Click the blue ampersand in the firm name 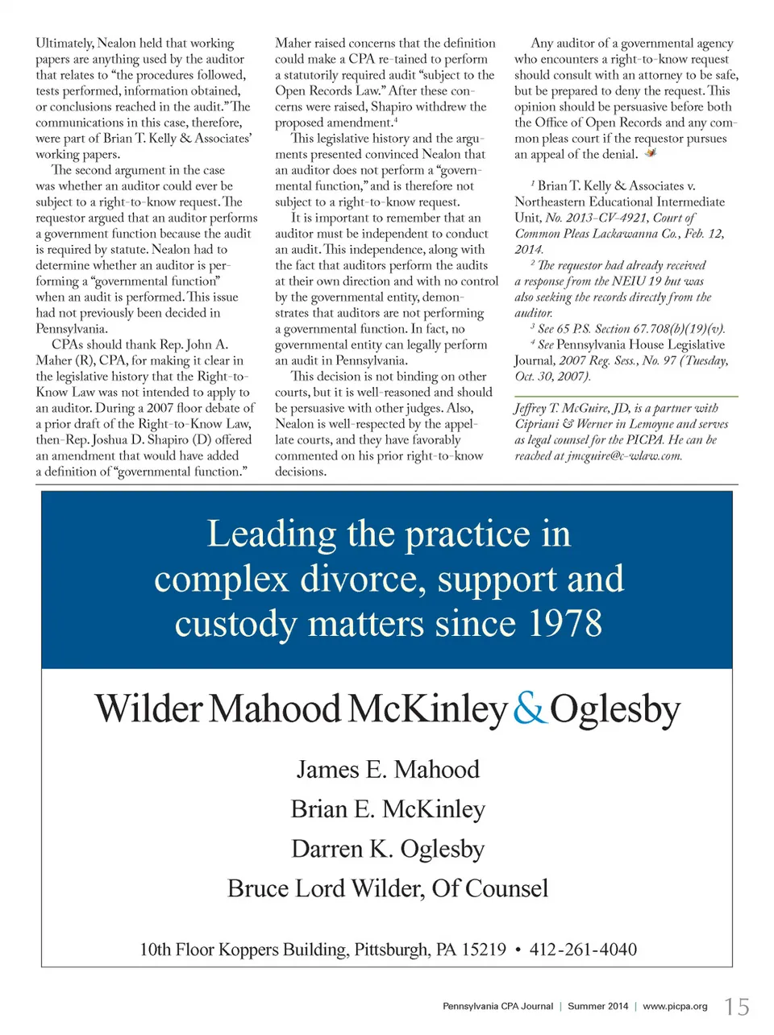(x=529, y=709)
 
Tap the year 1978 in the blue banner (x=565, y=623)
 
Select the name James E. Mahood (x=388, y=769)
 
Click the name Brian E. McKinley (x=388, y=808)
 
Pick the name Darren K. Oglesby (x=388, y=849)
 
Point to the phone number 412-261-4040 (x=583, y=950)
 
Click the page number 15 (x=737, y=1007)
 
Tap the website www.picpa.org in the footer (x=675, y=1006)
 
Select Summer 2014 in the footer (x=597, y=1006)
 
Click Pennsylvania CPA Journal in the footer (x=497, y=1006)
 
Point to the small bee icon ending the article (x=651, y=152)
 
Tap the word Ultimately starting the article (x=64, y=44)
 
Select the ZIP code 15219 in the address (x=483, y=950)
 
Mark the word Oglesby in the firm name (x=615, y=709)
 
